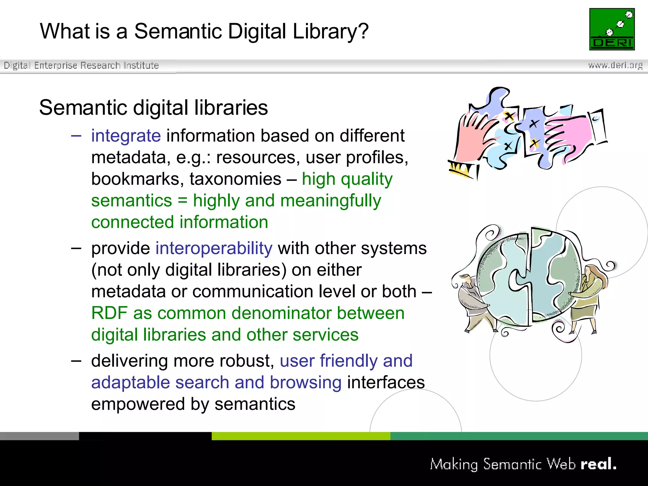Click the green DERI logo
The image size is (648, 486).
coord(612,29)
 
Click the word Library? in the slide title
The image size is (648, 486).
coord(331,31)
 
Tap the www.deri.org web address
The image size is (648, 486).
coord(615,65)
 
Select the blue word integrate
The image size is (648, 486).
coord(126,136)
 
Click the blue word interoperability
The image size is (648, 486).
coord(214,248)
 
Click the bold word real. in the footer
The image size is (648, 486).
coord(598,464)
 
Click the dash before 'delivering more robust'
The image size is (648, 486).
coord(76,361)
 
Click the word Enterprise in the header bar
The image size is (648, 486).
coord(55,65)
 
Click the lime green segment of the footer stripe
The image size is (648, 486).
coord(301,436)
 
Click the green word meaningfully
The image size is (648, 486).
coord(331,201)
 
